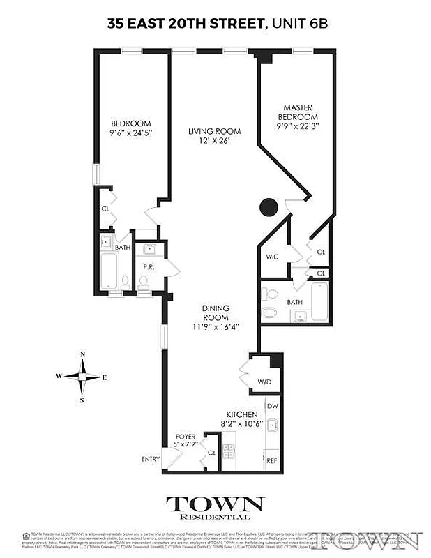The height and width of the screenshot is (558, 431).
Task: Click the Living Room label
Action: click(x=215, y=131)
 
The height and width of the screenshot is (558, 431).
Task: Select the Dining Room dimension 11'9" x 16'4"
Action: click(x=215, y=326)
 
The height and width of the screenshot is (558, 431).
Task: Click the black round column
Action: click(x=269, y=207)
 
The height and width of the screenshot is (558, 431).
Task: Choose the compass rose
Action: click(x=83, y=377)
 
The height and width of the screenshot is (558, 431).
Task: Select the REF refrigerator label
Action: click(x=272, y=461)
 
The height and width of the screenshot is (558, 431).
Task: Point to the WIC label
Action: click(x=272, y=257)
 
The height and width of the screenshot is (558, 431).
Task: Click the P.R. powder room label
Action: click(x=148, y=266)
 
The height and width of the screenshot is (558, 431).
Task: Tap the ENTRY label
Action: click(x=151, y=459)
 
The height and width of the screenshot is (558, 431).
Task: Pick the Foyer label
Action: click(x=186, y=437)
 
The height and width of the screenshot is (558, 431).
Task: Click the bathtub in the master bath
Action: click(x=319, y=301)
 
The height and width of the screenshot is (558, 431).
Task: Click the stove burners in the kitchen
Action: click(x=229, y=451)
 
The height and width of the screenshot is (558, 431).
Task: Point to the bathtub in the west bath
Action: click(x=109, y=271)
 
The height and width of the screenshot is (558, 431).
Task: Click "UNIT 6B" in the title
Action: click(x=298, y=24)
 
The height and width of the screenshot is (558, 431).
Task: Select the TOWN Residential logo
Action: click(x=215, y=507)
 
